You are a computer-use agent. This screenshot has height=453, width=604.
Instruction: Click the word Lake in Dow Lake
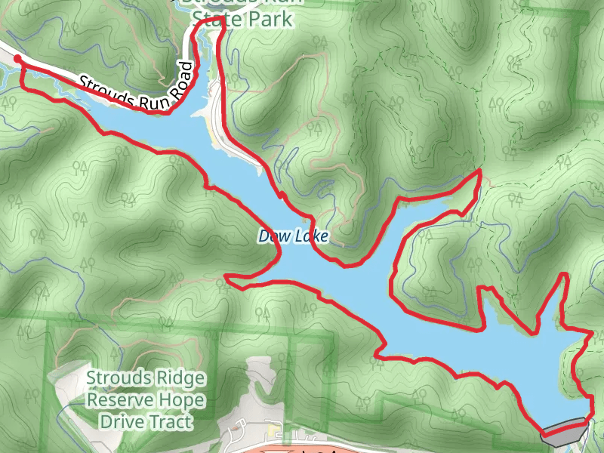tap(311, 236)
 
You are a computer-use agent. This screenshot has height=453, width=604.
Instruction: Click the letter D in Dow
tap(264, 236)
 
